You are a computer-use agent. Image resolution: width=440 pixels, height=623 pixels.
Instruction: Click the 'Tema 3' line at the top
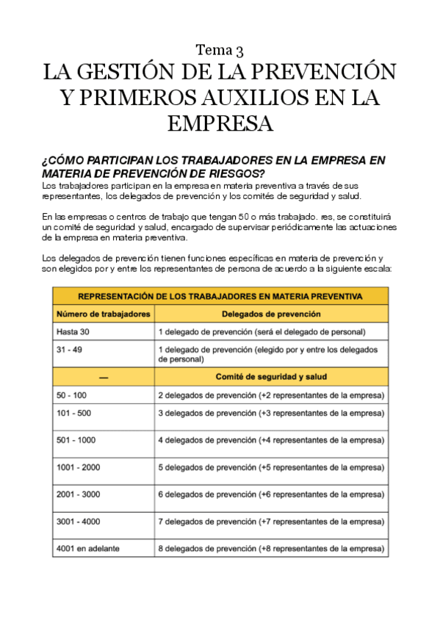click(x=220, y=50)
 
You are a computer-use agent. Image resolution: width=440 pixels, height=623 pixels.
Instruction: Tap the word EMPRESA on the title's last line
click(x=220, y=122)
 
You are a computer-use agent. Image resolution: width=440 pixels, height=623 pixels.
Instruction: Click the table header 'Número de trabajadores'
click(x=104, y=314)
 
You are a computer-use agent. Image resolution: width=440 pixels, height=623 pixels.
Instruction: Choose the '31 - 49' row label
click(x=69, y=350)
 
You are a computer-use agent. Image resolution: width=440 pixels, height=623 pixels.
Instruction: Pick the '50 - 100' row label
click(x=71, y=395)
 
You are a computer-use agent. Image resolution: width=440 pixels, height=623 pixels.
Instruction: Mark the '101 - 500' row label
click(x=73, y=413)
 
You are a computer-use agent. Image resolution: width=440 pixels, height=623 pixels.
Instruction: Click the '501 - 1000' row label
click(x=76, y=440)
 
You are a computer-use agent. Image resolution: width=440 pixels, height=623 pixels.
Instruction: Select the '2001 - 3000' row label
click(x=78, y=494)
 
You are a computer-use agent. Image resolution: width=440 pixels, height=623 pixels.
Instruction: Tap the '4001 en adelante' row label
click(x=87, y=548)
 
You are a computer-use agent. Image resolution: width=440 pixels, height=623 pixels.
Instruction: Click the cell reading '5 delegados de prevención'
click(x=271, y=467)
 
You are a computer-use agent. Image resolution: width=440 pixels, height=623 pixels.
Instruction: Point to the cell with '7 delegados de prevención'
click(x=271, y=522)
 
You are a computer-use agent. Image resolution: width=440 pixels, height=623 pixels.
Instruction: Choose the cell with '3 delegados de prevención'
click(x=271, y=413)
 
